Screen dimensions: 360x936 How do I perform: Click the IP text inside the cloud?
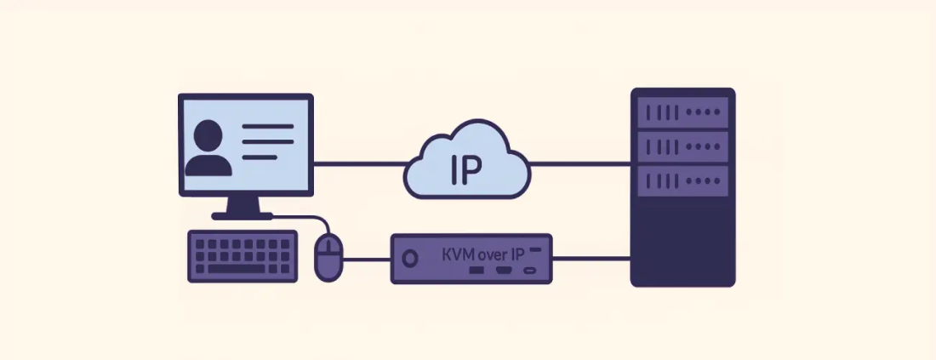[x=465, y=170]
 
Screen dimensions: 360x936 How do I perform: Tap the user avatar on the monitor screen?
[x=208, y=148]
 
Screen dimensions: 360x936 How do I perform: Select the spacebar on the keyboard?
[x=242, y=268]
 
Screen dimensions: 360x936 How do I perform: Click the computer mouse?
[x=328, y=257]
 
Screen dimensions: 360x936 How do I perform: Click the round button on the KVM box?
[x=410, y=257]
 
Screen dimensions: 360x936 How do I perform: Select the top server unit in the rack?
[x=682, y=111]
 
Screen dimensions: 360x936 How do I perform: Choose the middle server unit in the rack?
[x=682, y=146]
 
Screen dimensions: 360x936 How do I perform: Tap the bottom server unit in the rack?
[x=682, y=179]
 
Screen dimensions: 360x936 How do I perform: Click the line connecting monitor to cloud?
[x=357, y=163]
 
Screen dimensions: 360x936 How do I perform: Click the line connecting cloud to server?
[x=579, y=163]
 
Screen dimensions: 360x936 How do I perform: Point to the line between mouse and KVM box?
[x=366, y=258]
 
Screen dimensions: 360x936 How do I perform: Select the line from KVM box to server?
[x=591, y=258]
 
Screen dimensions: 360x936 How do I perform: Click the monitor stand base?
[x=242, y=216]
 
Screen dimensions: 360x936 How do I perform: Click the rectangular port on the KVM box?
[x=477, y=271]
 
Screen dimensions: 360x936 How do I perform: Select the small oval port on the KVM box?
[x=529, y=271]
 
